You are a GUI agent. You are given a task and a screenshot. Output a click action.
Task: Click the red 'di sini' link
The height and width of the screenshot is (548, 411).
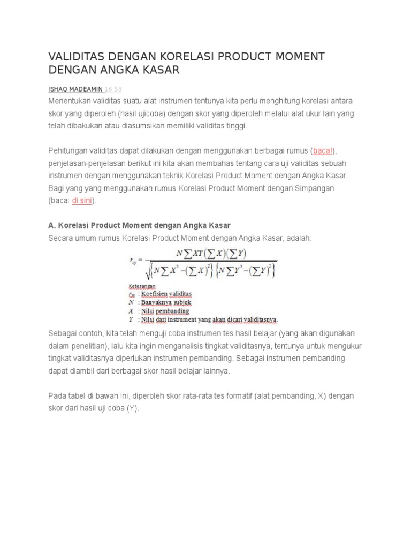point(83,201)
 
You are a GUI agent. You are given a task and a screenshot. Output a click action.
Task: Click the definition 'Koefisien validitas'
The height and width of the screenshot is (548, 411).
point(166,294)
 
